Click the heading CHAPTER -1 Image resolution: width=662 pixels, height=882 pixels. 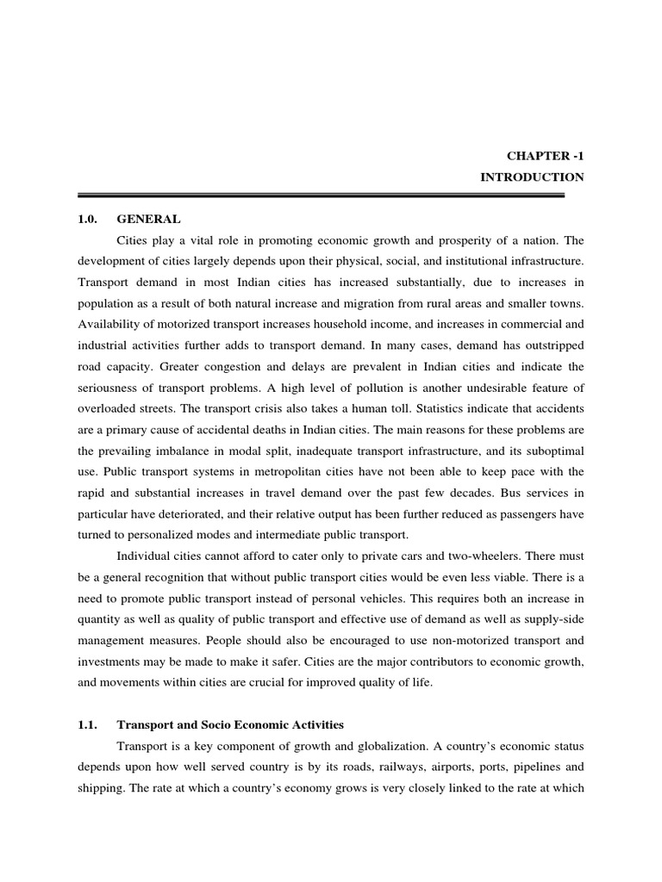click(546, 155)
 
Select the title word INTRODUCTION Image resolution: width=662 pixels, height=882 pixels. click(532, 177)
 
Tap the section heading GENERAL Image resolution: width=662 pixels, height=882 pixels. click(148, 220)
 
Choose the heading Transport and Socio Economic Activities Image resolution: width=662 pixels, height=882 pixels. click(230, 724)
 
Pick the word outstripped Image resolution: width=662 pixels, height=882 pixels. click(548, 345)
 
